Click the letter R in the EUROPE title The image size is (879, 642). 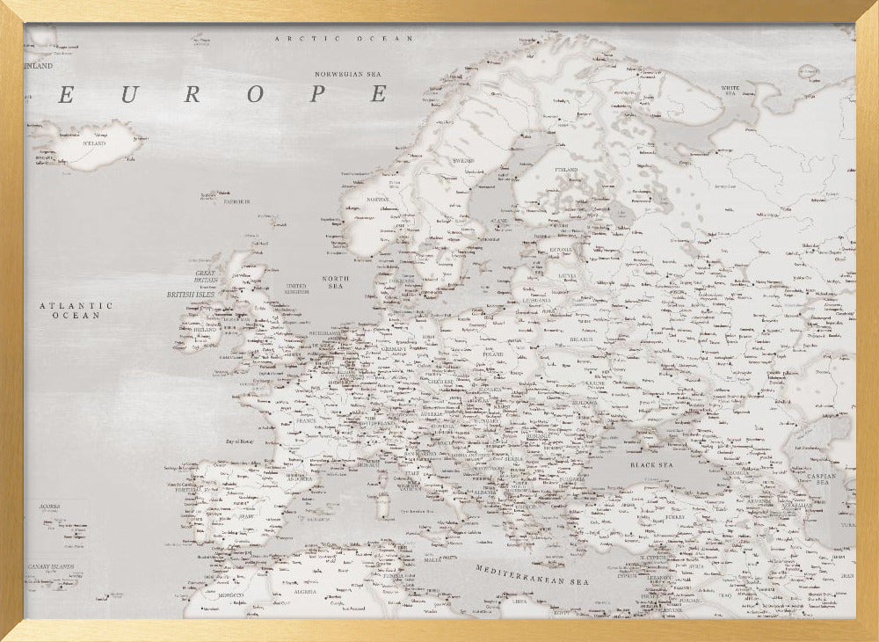[193, 94]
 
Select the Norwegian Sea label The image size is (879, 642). [352, 75]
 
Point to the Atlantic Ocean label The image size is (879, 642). [76, 310]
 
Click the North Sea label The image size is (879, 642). [335, 282]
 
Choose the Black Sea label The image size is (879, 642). [651, 463]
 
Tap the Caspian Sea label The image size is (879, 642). [824, 478]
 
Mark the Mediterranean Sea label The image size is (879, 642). [533, 576]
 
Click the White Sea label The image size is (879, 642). [730, 89]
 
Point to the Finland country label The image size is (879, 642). [565, 170]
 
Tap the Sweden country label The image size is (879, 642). [462, 161]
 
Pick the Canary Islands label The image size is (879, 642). [50, 567]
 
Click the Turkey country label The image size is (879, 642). [675, 517]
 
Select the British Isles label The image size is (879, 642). [193, 295]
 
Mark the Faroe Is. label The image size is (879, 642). [236, 201]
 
